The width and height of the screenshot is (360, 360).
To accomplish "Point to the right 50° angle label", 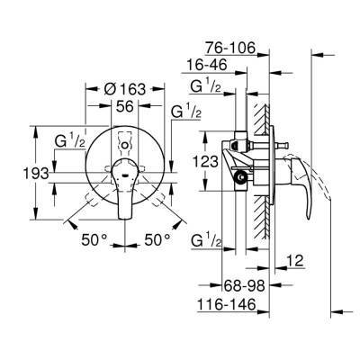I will click(158, 240).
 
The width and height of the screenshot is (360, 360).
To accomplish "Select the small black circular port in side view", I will click(239, 177).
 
